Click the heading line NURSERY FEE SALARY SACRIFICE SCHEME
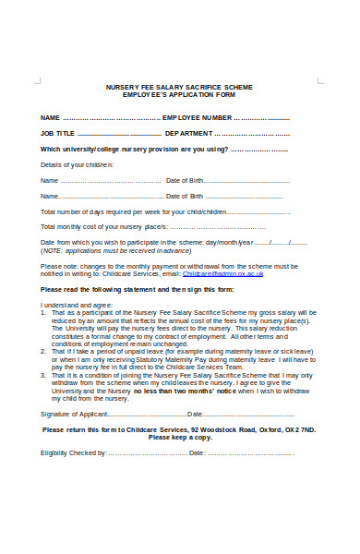[x=179, y=86]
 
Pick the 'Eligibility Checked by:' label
[x=74, y=453]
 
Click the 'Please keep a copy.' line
[x=179, y=437]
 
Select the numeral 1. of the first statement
[x=43, y=312]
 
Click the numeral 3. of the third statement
[x=43, y=375]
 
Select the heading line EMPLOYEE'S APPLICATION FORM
[x=179, y=94]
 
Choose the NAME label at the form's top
[x=50, y=118]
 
